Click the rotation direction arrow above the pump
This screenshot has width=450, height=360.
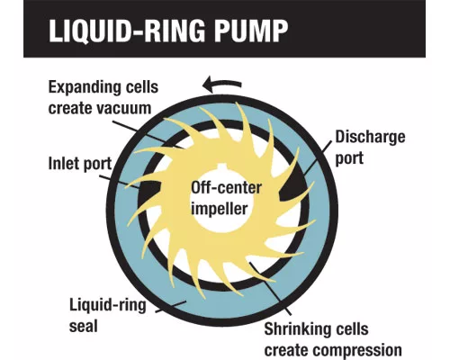(222, 85)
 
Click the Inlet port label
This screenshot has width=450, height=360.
(80, 164)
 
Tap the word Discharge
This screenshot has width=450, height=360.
(370, 138)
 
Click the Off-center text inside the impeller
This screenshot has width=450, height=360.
(227, 188)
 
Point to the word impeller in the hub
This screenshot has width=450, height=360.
(220, 208)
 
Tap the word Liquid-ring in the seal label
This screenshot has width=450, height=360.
(108, 305)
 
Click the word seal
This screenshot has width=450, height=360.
(84, 326)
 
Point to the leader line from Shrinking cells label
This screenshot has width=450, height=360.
(270, 289)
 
